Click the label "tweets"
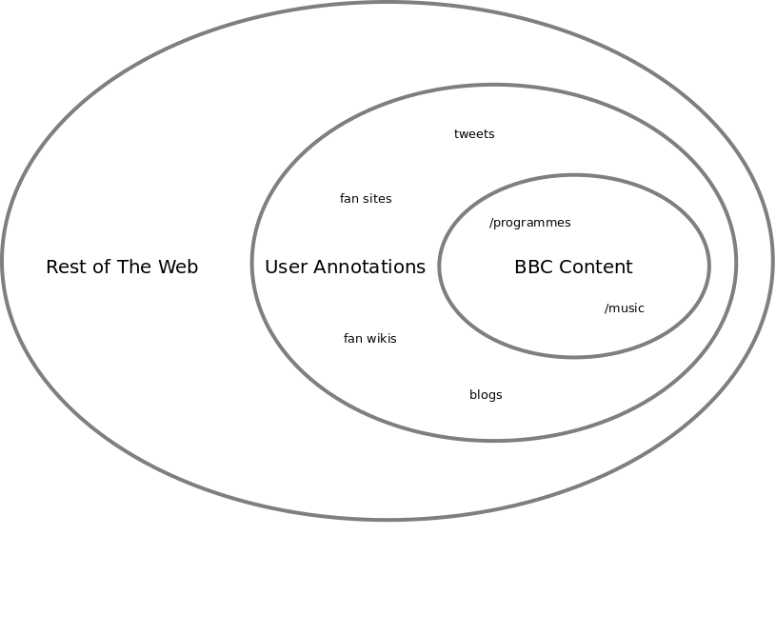pyautogui.click(x=474, y=134)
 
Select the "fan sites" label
pyautogui.click(x=366, y=199)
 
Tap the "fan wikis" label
pyautogui.click(x=369, y=339)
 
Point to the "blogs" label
pyautogui.click(x=486, y=395)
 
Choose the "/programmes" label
pyautogui.click(x=529, y=223)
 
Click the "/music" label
pyautogui.click(x=624, y=308)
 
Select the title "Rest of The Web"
pyautogui.click(x=122, y=268)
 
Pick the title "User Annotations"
pyautogui.click(x=345, y=268)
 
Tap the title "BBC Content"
pyautogui.click(x=573, y=268)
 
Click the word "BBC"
pyautogui.click(x=532, y=268)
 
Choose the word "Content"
pyautogui.click(x=594, y=268)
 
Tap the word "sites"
pyautogui.click(x=377, y=199)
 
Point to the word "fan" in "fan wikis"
pyautogui.click(x=352, y=339)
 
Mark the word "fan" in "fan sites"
pyautogui.click(x=348, y=199)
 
